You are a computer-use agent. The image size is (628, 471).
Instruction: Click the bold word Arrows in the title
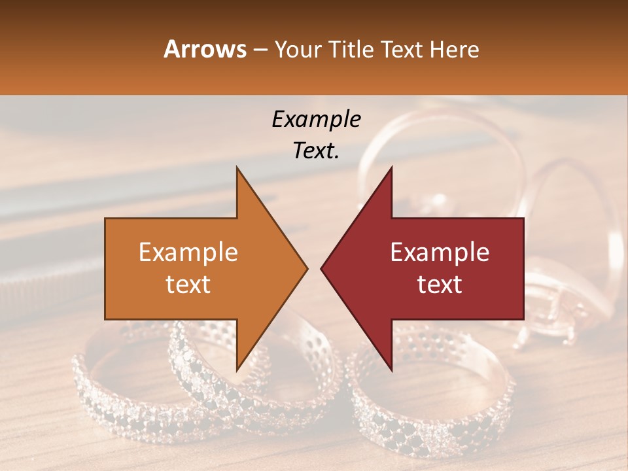(x=205, y=49)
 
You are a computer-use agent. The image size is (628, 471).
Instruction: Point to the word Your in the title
(x=298, y=49)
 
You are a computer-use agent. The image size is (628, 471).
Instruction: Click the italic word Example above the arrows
(x=316, y=119)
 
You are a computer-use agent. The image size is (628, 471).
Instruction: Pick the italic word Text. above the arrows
(x=316, y=151)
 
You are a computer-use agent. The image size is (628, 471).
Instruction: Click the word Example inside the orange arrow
(x=188, y=253)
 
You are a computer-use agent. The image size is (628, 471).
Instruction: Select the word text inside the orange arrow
(x=188, y=284)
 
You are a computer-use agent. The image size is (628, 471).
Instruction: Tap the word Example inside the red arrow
(x=440, y=253)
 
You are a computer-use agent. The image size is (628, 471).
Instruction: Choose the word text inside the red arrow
(x=440, y=284)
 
